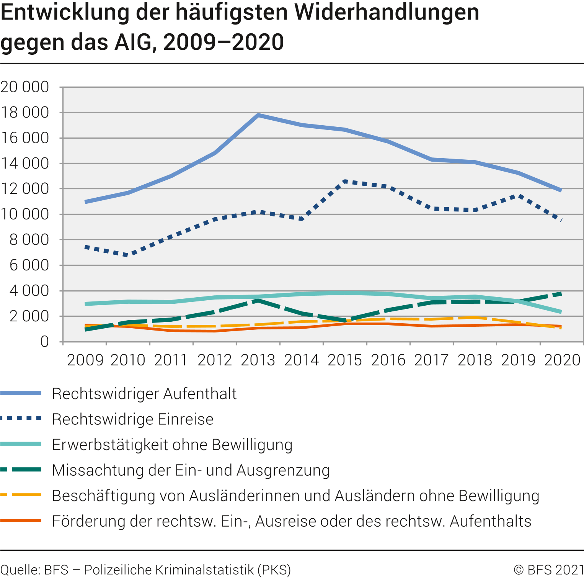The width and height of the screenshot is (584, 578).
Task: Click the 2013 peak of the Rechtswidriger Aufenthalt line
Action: click(x=258, y=115)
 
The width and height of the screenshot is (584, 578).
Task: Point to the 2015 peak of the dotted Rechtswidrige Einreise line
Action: click(x=345, y=181)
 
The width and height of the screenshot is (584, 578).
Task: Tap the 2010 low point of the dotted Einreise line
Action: click(x=128, y=255)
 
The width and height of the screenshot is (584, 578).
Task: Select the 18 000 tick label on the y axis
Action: click(x=25, y=113)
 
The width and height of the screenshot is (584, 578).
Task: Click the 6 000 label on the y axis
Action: click(x=29, y=265)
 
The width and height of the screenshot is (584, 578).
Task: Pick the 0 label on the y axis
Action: click(x=45, y=342)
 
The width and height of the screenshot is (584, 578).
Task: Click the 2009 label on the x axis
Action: click(x=85, y=360)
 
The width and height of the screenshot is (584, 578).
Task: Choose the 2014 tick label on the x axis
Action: click(x=302, y=360)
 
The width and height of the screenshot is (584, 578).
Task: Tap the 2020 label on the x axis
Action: click(x=562, y=360)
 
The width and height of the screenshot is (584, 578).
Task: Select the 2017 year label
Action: click(x=432, y=360)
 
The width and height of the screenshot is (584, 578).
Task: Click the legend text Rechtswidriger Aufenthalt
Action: click(x=144, y=394)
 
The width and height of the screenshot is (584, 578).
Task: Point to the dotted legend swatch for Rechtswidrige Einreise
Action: click(x=21, y=419)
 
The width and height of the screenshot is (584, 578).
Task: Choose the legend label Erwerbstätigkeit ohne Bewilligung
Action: click(x=172, y=445)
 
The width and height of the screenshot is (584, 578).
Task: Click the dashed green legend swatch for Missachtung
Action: click(x=21, y=470)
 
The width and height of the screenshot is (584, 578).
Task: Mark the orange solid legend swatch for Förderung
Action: click(x=21, y=521)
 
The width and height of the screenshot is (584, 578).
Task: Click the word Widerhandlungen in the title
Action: click(x=387, y=12)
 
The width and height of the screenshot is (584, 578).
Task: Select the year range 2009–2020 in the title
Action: click(x=223, y=42)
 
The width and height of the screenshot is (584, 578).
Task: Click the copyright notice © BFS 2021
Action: click(x=548, y=570)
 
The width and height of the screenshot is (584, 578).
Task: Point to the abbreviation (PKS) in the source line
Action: click(x=274, y=570)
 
